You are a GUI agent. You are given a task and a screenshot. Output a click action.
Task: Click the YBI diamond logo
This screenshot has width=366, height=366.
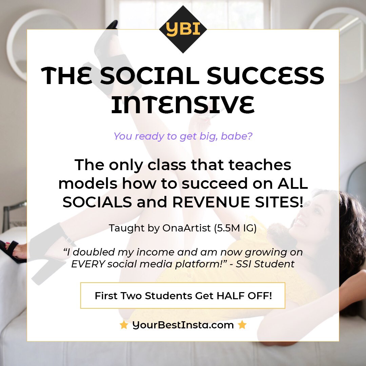[183, 29]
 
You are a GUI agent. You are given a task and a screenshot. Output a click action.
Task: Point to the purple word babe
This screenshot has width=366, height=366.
[240, 136]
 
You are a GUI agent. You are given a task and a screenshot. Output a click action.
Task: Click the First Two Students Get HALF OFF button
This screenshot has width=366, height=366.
[183, 296]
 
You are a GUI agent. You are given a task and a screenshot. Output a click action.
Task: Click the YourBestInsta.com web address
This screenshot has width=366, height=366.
[183, 325]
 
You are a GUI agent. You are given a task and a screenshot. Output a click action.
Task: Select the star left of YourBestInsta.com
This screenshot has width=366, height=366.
[124, 325]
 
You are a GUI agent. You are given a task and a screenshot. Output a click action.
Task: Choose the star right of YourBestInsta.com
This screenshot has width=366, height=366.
[242, 325]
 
